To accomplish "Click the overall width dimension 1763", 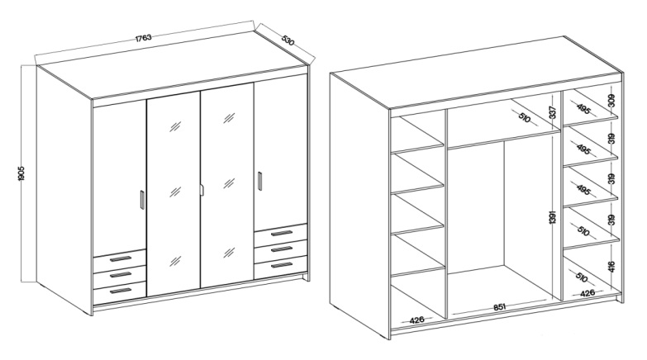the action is coord(144,38).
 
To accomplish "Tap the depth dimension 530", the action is coord(288,40).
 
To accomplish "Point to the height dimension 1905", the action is coord(21,173).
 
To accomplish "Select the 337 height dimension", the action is coord(553,112).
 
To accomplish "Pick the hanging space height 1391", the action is coord(553,217).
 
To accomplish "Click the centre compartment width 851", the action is coord(499,307).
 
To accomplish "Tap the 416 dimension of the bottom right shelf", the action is coord(611,268).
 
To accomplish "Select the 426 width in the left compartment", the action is coord(417,320).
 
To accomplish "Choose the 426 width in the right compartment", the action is coord(588,293).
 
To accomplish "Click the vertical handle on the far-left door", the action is coord(142,200).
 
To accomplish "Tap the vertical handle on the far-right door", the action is coord(259,181).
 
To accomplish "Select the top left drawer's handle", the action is coord(121,259).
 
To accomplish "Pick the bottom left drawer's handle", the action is coord(121,291).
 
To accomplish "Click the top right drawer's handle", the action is coord(282,234).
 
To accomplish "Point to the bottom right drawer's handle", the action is coord(282,265).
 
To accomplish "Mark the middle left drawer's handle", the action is coord(121,275).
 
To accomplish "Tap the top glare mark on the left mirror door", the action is coord(175,126).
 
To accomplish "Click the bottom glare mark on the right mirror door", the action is coord(229,253).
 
